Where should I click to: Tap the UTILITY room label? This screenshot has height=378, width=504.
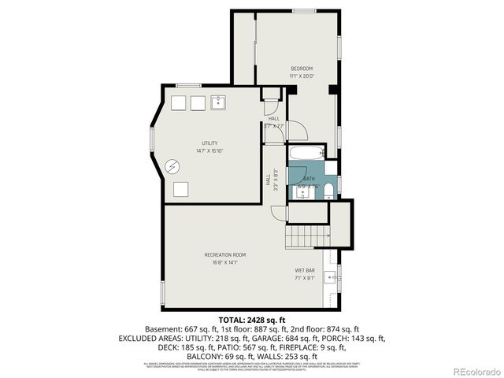point(209,143)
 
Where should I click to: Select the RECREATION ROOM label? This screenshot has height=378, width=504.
point(225,254)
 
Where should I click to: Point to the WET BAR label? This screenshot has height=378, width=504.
point(305,270)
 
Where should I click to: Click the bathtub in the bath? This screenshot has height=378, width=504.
point(306,152)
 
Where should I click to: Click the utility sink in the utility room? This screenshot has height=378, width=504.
point(218,102)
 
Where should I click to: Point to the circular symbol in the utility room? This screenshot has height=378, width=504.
point(173,166)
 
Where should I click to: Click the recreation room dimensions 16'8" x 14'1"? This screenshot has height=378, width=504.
point(225,262)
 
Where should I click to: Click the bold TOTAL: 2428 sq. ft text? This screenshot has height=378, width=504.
point(252,320)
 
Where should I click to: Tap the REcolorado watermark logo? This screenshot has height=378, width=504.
point(470,370)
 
